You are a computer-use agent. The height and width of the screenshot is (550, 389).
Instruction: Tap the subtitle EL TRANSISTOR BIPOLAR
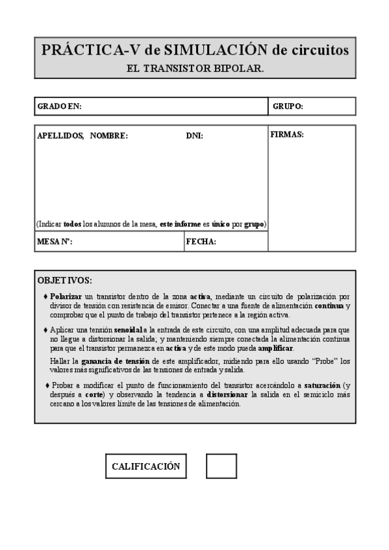[195, 67]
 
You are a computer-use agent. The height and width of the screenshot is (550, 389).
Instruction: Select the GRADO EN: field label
[59, 106]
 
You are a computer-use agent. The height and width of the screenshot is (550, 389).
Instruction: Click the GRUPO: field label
[288, 106]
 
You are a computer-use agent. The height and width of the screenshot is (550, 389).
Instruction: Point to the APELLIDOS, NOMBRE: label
[82, 136]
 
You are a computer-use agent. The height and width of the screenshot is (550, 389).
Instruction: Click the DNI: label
[194, 136]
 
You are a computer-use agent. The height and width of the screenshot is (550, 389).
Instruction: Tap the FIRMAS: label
[286, 135]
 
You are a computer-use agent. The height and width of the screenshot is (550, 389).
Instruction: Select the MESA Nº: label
[55, 242]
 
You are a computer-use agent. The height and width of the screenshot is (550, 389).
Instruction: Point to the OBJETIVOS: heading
[65, 281]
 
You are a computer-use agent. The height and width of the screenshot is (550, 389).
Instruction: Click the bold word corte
[94, 394]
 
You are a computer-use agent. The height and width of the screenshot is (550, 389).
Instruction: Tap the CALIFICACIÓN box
[145, 466]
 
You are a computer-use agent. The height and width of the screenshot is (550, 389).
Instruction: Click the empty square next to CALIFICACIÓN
[221, 466]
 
